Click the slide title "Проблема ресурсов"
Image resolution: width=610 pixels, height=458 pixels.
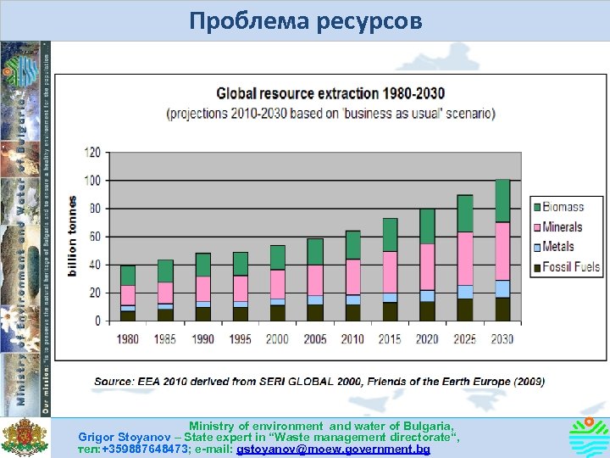coord(305,20)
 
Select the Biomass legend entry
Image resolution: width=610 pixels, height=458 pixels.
coord(563,207)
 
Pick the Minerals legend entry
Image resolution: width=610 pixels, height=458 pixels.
coord(563,226)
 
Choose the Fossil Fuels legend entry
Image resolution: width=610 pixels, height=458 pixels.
coord(570,267)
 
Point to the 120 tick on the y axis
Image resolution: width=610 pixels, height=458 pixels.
coord(91,153)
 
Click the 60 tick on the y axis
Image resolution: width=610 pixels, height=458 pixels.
coord(93,237)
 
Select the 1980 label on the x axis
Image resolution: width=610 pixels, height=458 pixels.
coord(127,339)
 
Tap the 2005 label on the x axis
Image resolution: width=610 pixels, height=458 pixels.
coord(315,339)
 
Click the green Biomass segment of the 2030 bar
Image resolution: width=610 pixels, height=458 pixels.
coord(502,201)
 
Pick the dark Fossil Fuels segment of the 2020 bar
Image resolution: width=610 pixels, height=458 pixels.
coord(427,311)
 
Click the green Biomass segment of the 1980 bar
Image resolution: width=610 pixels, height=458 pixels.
coord(128,276)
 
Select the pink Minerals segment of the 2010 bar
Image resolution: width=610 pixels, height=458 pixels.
coord(352,276)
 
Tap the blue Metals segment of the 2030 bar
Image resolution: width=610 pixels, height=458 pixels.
coord(502,288)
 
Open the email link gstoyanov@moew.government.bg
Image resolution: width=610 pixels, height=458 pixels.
coord(334,449)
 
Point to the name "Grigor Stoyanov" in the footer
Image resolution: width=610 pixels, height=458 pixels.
coord(119,437)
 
